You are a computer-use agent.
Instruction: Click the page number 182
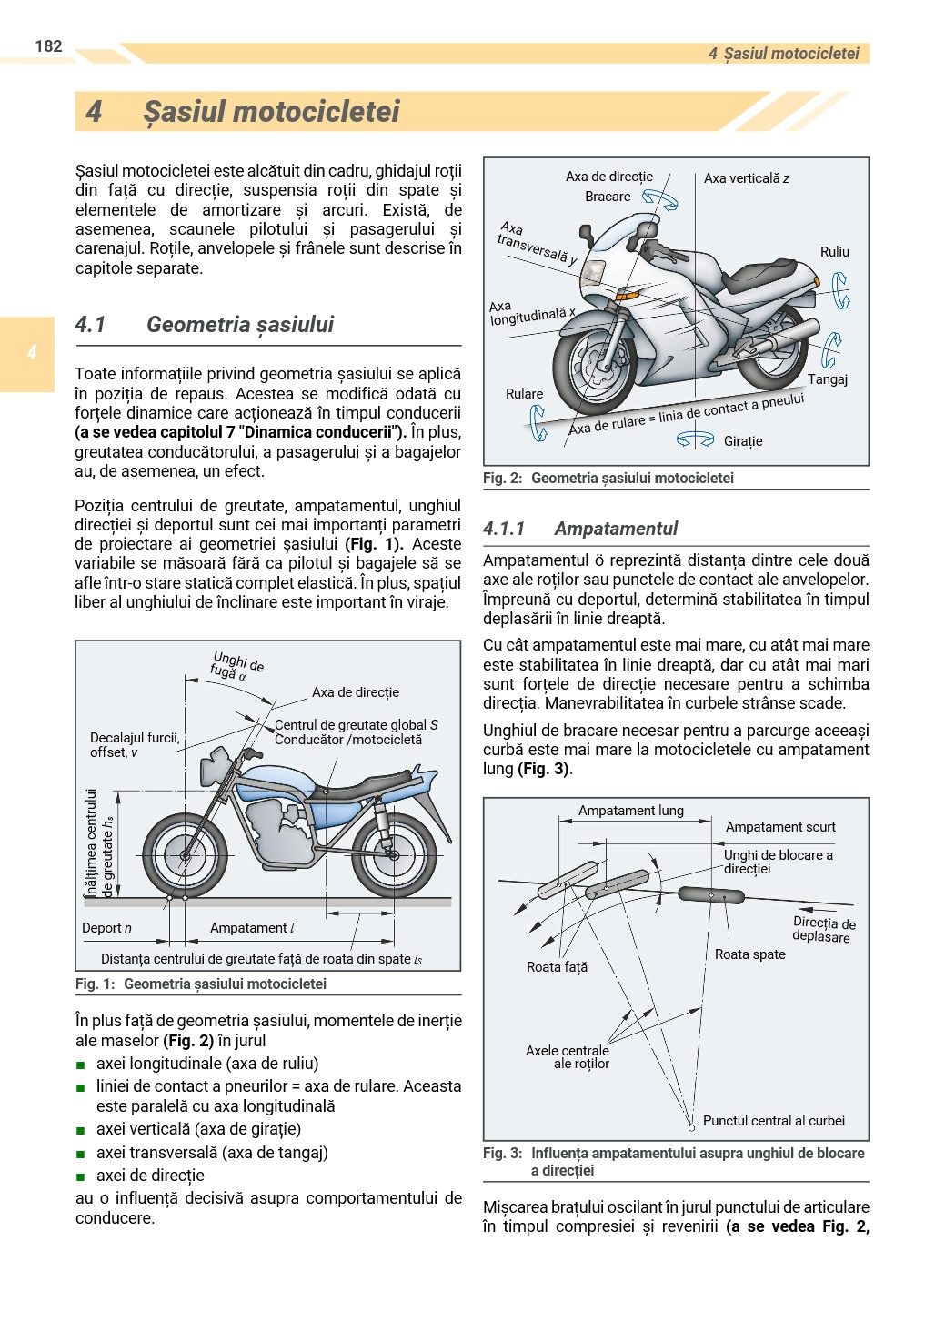[x=48, y=46]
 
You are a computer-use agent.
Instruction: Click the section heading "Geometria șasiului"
[x=240, y=325]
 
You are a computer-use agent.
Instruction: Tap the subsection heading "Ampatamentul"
[x=616, y=529]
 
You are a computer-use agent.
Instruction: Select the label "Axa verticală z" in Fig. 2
[x=746, y=178]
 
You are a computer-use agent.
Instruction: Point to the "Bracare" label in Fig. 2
[x=608, y=197]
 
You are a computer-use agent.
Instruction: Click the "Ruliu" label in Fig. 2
[x=834, y=252]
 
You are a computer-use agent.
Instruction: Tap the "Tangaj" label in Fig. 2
[x=828, y=379]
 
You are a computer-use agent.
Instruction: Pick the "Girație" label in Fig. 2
[x=743, y=441]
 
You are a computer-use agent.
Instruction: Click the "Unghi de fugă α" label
[x=236, y=666]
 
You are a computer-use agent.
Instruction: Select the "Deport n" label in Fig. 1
[x=106, y=928]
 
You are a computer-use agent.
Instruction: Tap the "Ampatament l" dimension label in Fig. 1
[x=252, y=928]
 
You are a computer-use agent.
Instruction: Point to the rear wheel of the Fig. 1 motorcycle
[x=394, y=856]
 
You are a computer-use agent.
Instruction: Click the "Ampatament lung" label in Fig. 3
[x=630, y=811]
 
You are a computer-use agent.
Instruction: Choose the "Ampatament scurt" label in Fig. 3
[x=780, y=827]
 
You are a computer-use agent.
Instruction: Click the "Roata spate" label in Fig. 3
[x=749, y=954]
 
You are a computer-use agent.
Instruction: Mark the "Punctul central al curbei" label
[x=773, y=1121]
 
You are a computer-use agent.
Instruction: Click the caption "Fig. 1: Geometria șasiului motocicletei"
[x=200, y=984]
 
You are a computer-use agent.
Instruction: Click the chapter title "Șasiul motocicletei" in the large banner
[x=271, y=112]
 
